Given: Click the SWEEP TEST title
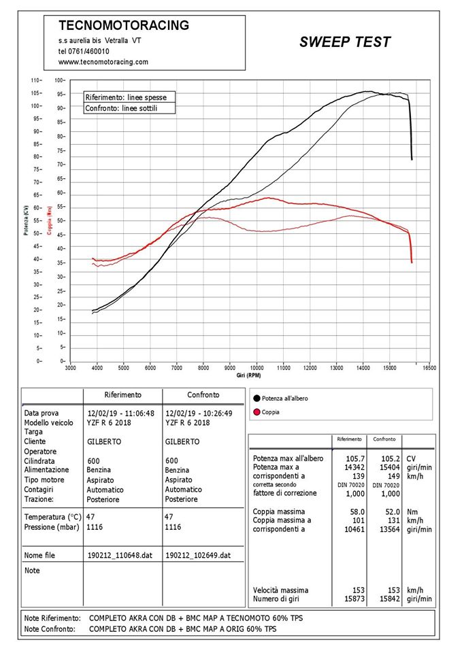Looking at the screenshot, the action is [x=345, y=42].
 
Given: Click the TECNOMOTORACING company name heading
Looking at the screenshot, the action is [x=124, y=25].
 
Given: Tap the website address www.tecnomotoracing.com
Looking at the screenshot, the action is [x=103, y=62].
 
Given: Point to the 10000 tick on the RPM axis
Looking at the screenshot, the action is [x=257, y=368].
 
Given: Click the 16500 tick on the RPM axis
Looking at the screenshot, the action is [x=429, y=368].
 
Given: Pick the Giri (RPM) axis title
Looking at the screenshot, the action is [x=249, y=375].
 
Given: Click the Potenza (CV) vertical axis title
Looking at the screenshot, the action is [x=26, y=220].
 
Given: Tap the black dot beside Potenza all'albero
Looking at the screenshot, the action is [x=257, y=399].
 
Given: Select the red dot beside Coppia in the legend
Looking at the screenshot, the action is [x=257, y=412].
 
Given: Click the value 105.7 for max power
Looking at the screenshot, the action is [x=355, y=458].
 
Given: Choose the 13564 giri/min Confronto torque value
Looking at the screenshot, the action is [x=390, y=529].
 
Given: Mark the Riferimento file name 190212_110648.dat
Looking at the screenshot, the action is [x=120, y=555].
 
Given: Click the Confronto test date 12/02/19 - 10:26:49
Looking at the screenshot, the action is [x=199, y=414].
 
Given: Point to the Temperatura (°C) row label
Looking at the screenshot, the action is [x=52, y=517].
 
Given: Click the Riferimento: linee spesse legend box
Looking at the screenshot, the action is [x=129, y=97].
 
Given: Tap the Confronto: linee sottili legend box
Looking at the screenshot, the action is [x=129, y=108].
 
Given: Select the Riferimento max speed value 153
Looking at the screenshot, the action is [x=359, y=590].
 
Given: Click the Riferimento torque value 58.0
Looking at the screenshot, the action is [x=357, y=512].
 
